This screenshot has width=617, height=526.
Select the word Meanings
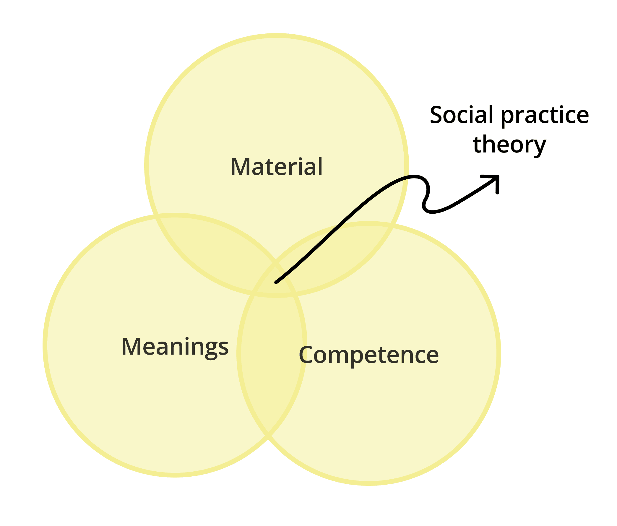(x=175, y=346)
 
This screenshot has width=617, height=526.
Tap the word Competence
(x=369, y=355)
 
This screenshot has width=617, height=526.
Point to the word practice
(x=545, y=116)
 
